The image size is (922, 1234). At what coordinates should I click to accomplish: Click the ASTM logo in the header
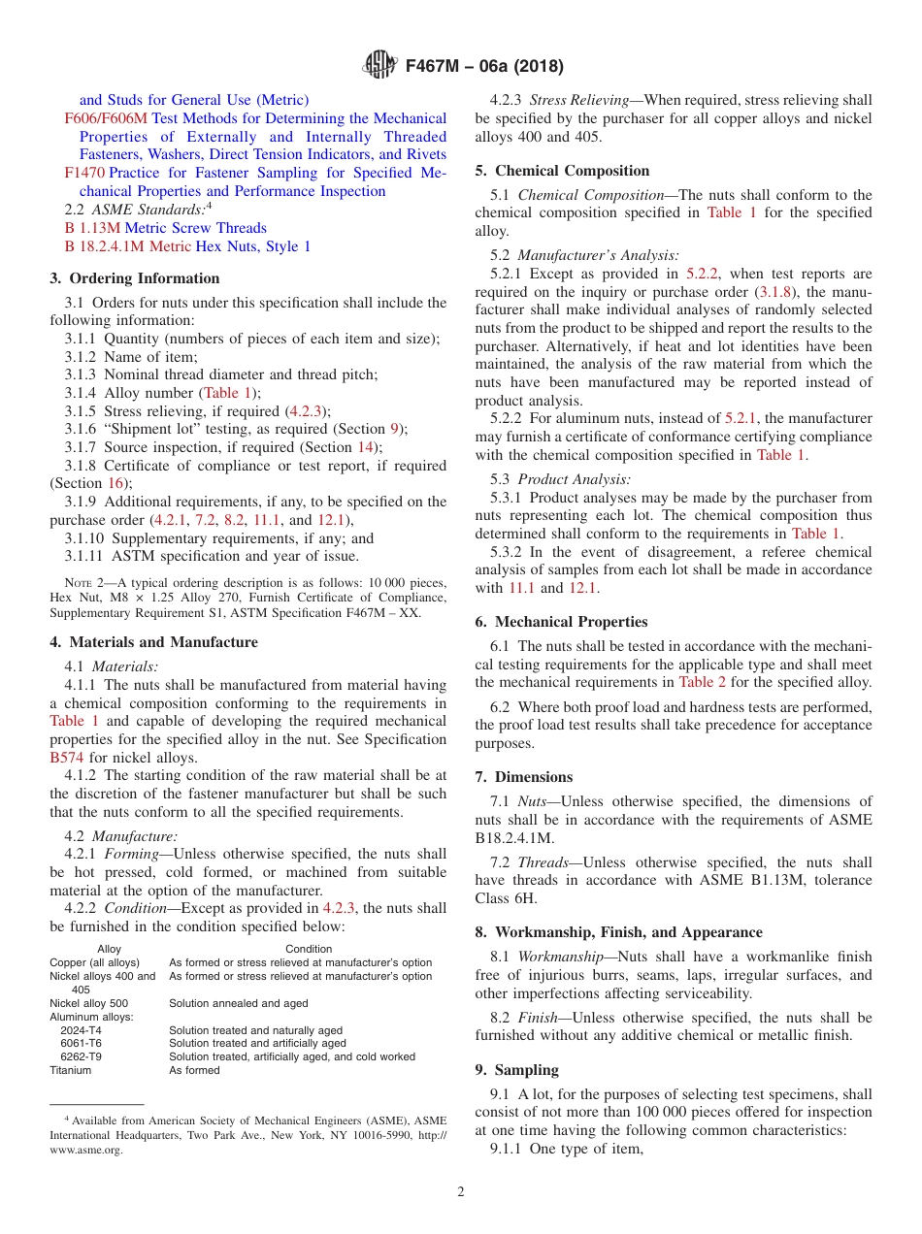tap(379, 65)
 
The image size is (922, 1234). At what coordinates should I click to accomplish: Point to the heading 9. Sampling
tap(516, 1070)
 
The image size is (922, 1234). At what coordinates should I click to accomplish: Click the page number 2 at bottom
tap(461, 1192)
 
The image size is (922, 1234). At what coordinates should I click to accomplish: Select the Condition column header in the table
tap(309, 949)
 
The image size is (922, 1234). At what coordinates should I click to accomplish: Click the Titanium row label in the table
tap(71, 1070)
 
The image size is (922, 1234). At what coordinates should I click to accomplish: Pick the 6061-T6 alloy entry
tap(81, 1043)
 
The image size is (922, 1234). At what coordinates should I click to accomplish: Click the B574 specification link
tap(67, 758)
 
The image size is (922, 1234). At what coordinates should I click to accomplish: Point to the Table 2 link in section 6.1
tap(696, 682)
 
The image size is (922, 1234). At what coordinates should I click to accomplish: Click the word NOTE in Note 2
tap(63, 583)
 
